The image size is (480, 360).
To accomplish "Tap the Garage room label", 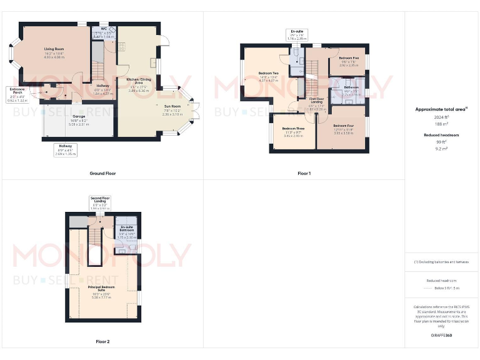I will pos(78,116).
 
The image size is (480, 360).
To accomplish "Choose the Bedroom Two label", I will pos(268,73).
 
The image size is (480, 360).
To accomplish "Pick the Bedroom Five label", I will pos(349,57).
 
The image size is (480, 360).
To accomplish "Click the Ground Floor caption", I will pos(102,173).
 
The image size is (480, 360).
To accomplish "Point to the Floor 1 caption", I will pos(304,173).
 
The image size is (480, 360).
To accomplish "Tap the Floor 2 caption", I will pos(102,342).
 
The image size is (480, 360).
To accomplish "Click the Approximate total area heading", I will pos(441,109).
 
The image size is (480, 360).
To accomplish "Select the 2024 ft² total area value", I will pos(441,117).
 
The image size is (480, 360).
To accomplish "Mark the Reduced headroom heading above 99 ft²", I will pos(441,135).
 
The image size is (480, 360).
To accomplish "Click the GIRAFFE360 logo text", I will pos(441,336).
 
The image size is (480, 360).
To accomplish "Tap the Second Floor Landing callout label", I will pos(100,199).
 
